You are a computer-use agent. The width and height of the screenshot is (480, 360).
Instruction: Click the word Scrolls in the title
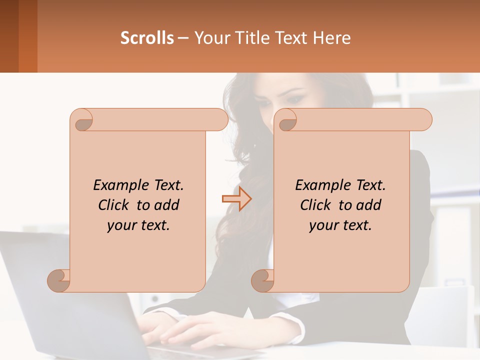point(147,38)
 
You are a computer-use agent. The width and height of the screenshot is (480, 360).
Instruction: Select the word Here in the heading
point(331,38)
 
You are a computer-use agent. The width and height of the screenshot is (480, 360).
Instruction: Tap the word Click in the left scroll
point(115,205)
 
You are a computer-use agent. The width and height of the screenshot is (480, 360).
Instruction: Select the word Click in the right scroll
point(317,205)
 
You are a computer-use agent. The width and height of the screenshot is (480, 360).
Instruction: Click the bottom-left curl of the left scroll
point(59,280)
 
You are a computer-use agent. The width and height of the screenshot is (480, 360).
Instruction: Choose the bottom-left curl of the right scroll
point(263,280)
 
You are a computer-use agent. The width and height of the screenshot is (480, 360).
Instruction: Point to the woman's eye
point(295,99)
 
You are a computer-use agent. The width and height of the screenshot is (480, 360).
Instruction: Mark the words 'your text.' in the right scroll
point(340,225)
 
